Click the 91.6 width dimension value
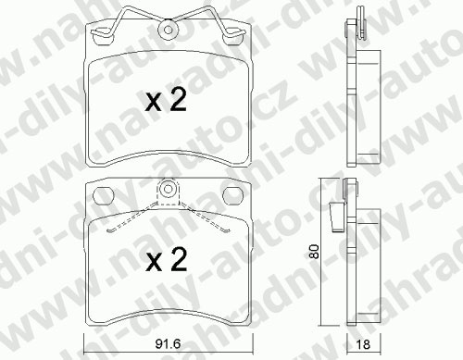pyautogui.click(x=168, y=344)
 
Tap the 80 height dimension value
pyautogui.click(x=314, y=252)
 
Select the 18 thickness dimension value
pyautogui.click(x=363, y=344)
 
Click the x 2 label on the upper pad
pyautogui.click(x=167, y=99)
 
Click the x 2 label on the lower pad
pyautogui.click(x=167, y=260)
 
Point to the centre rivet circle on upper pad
pyautogui.click(x=169, y=30)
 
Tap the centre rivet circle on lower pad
pyautogui.click(x=168, y=188)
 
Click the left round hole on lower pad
pyautogui.click(x=104, y=196)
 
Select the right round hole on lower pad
pyautogui.click(x=233, y=196)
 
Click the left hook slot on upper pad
pyautogui.click(x=103, y=37)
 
